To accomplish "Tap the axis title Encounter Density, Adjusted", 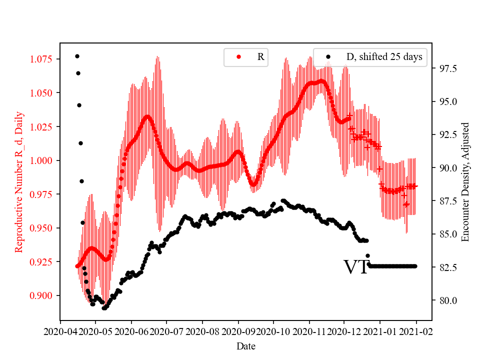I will [465, 181].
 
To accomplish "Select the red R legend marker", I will [238, 57].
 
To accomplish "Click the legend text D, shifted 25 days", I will [384, 57].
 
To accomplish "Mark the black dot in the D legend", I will [328, 57].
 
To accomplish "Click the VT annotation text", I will [355, 267].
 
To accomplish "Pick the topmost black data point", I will [77, 56].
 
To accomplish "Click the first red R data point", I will [77, 266].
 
